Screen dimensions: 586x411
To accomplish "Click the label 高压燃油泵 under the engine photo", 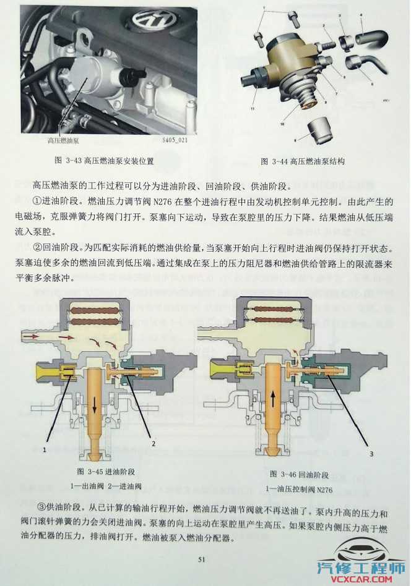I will (x=61, y=141).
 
